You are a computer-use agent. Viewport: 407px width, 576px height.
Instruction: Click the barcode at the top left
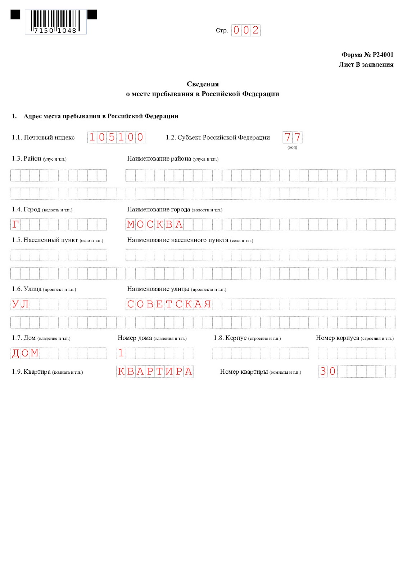pos(56,22)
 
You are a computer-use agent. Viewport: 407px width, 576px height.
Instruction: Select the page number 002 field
pos(246,30)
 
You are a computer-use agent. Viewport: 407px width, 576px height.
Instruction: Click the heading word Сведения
pos(203,84)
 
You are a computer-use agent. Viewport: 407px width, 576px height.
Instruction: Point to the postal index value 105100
pos(116,137)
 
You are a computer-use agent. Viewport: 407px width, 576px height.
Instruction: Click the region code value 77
pos(292,137)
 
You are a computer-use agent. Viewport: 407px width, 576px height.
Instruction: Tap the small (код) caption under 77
pos(292,147)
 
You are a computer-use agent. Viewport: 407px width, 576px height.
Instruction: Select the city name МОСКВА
pos(155,224)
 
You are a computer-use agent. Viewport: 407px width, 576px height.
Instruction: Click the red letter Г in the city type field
pos(15,224)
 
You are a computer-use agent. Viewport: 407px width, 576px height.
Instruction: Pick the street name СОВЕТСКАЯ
pos(169,304)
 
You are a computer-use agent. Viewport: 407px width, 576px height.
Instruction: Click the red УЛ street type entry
pos(20,304)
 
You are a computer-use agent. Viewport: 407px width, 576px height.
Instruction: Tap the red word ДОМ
pos(25,353)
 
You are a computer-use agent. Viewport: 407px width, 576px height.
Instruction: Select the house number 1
pos(121,353)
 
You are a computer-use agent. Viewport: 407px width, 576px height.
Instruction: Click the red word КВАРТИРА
pos(155,371)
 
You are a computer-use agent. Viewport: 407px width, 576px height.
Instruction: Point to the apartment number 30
pos(327,371)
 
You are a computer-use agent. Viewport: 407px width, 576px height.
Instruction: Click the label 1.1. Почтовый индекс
pos(43,138)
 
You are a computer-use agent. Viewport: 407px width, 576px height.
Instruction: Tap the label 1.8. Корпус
pos(230,338)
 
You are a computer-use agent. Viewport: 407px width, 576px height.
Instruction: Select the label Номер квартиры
pos(244,372)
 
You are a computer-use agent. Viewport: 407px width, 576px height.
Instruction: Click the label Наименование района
pos(159,159)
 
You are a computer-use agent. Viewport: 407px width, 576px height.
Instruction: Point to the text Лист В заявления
pos(366,64)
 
